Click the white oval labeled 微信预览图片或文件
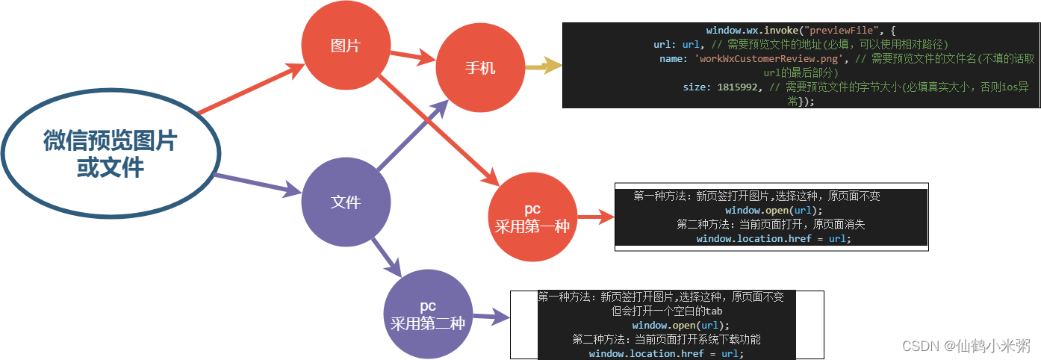pos(111,154)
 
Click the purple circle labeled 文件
pos(345,202)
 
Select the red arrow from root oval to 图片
pos(250,90)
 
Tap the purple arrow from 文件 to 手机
pos(412,135)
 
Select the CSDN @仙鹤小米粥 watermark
pos(966,346)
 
